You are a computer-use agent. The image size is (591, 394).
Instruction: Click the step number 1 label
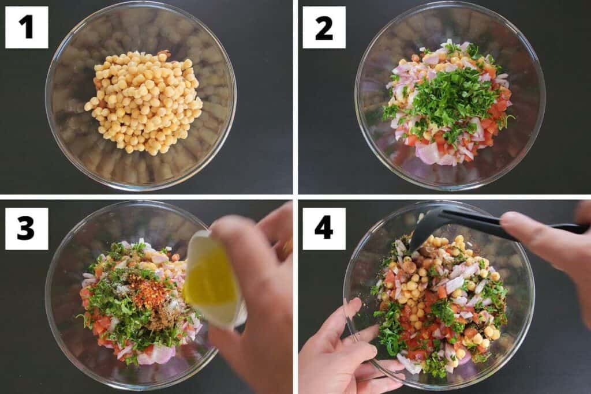click(27, 27)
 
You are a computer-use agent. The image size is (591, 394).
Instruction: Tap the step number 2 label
click(324, 27)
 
